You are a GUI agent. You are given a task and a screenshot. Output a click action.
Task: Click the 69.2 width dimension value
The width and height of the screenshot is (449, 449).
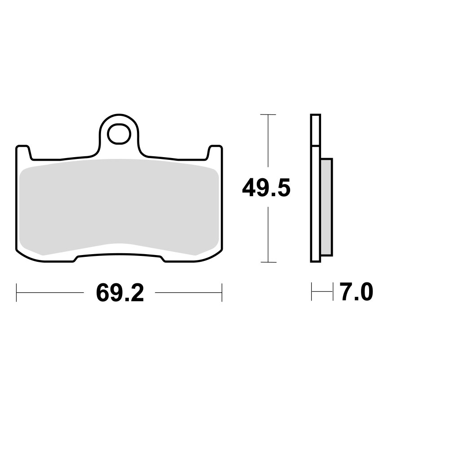[x=120, y=293]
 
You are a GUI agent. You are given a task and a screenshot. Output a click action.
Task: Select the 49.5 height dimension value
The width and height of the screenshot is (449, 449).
[x=266, y=188]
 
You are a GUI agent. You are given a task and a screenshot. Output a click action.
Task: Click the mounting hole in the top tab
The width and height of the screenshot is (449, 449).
[x=119, y=134]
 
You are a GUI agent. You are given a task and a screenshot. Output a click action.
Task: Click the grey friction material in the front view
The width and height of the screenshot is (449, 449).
[x=119, y=207]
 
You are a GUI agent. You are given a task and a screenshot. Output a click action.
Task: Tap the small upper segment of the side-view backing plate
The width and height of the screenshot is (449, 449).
[x=316, y=130]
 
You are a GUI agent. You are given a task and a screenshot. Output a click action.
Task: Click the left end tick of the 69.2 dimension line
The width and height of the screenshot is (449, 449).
[x=17, y=292]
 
